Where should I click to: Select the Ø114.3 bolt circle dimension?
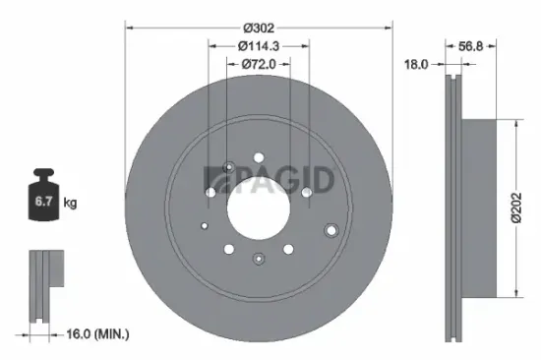pos(259,45)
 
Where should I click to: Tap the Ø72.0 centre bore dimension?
pos(259,65)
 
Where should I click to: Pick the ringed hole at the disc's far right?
pos(331,230)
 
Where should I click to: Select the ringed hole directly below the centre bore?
pos(259,259)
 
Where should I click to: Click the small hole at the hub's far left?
pos(205,223)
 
